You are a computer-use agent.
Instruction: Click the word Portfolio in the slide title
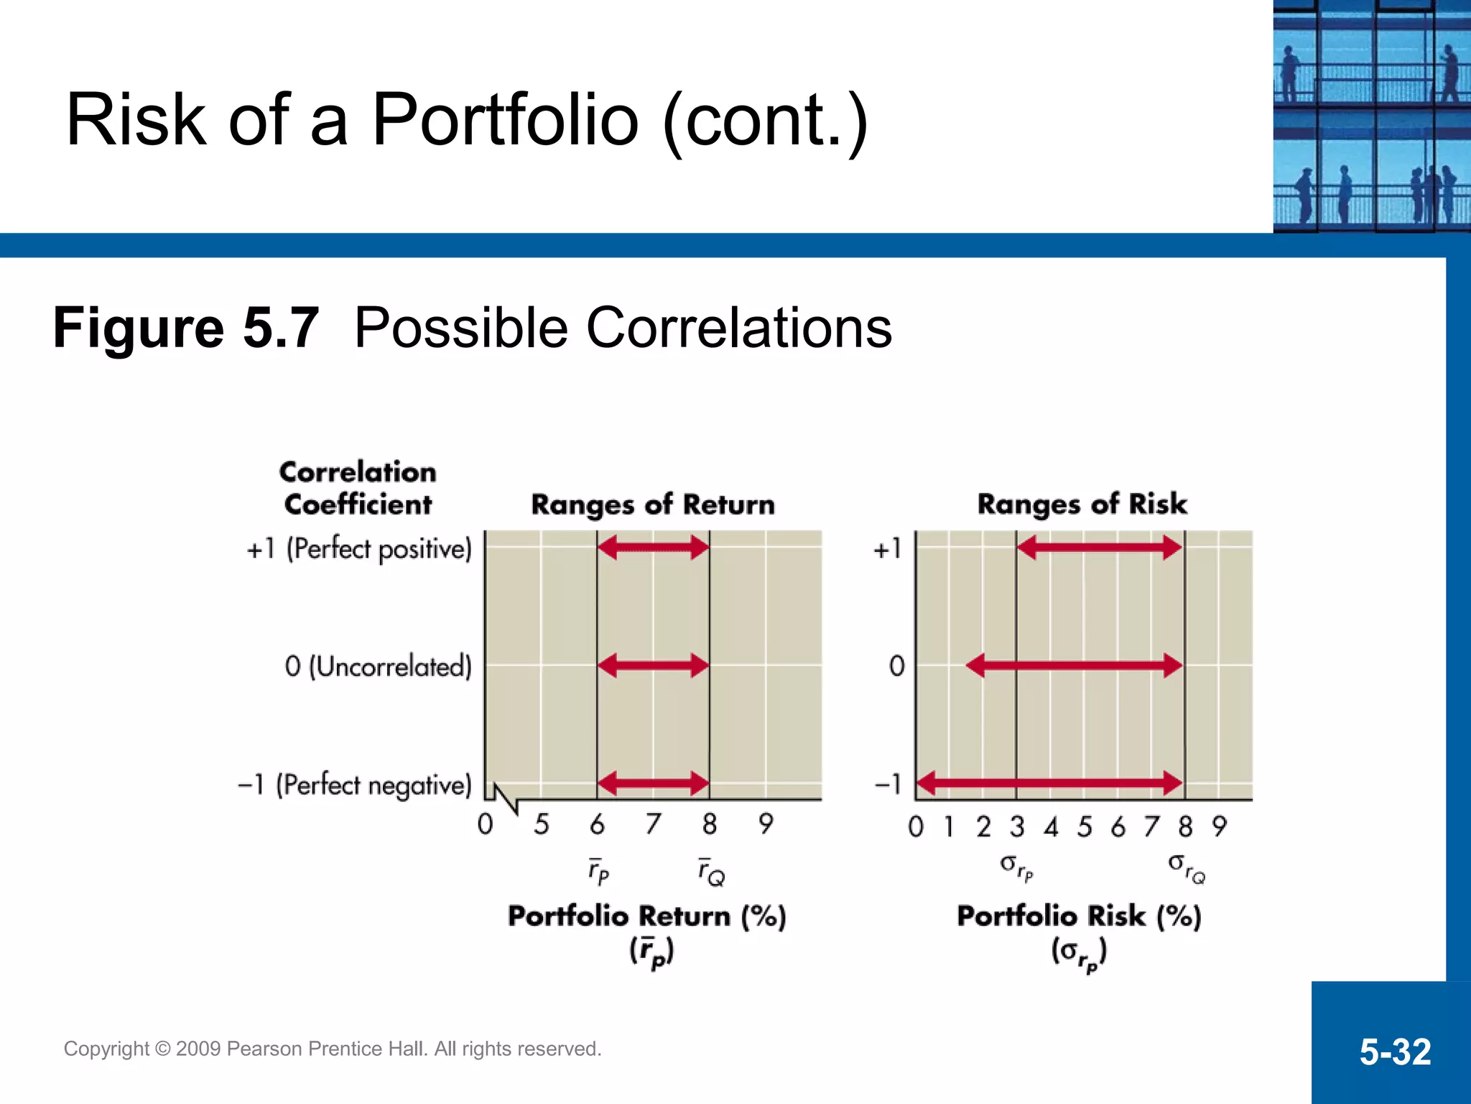point(505,120)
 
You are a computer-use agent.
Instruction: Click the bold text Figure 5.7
point(185,328)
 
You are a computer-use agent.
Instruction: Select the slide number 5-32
point(1394,1052)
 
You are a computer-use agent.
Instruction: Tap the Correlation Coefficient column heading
point(358,489)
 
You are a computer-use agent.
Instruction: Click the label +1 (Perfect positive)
point(359,549)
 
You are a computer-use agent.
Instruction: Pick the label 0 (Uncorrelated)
point(378,666)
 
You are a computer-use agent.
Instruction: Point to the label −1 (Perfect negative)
point(355,784)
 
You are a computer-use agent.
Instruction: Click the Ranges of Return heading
point(652,505)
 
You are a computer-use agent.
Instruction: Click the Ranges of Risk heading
point(1082,504)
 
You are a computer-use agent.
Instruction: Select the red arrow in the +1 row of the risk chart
point(1100,548)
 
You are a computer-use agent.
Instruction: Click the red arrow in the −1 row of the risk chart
point(1049,783)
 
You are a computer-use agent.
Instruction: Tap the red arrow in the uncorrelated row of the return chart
point(653,666)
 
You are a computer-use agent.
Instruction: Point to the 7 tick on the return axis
point(652,824)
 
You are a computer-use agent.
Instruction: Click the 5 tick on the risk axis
point(1084,827)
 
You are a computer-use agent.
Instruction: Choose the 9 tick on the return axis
point(766,824)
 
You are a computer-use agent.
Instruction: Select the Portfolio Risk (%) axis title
point(1079,916)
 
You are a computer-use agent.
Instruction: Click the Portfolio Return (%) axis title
point(646,916)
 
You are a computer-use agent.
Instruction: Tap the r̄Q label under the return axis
point(711,873)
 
